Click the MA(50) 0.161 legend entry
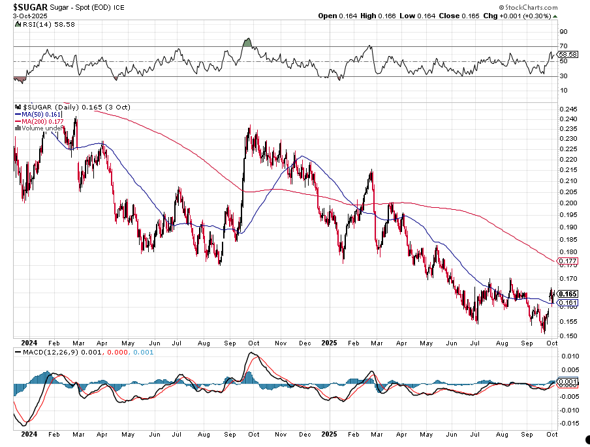pos(42,114)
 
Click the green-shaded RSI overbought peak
pos(247,43)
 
